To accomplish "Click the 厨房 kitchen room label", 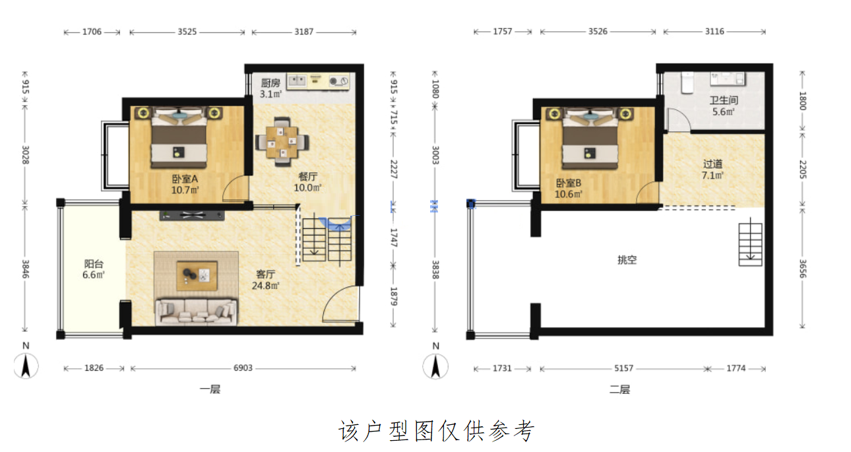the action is click(270, 83).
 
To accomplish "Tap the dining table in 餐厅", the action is click(282, 142).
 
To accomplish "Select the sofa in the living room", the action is click(196, 311).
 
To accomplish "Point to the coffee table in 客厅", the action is click(197, 276).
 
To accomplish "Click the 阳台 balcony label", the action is click(94, 263).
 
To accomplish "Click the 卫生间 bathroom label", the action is click(724, 100).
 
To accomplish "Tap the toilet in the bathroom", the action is click(687, 82).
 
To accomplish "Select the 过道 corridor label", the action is click(712, 164).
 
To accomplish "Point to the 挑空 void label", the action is click(627, 259).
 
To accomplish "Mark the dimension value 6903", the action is click(243, 368).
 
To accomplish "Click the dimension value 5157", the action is click(624, 368).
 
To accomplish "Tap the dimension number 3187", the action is click(304, 32).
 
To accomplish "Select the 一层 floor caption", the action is click(210, 389).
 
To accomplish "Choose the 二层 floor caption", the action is click(619, 389).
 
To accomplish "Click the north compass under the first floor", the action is click(26, 366).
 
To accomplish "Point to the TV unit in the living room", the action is click(192, 216).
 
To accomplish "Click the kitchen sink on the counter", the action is click(297, 81).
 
